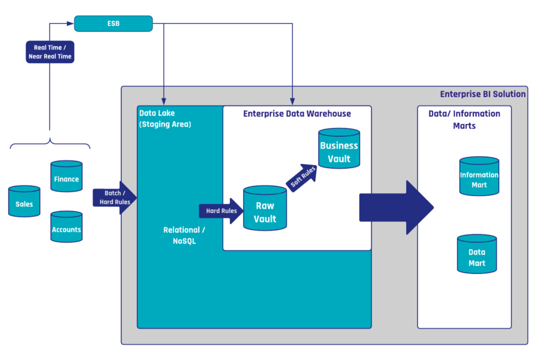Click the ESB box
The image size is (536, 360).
point(113,24)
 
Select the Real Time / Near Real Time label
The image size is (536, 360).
point(49,52)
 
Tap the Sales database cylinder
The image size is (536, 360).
point(24,203)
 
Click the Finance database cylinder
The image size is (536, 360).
point(66,176)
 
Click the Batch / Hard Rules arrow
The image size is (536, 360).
point(114,197)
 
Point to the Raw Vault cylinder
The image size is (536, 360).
point(265,209)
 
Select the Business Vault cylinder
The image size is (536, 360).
point(339,149)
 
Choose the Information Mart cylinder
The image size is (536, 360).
point(479,176)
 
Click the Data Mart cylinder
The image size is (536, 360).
point(476,255)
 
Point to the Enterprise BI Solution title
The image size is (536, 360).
point(482,94)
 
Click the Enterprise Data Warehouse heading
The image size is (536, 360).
point(297,113)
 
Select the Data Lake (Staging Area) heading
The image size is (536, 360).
point(165,119)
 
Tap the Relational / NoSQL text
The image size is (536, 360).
point(184,235)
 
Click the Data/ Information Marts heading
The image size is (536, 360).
point(464,119)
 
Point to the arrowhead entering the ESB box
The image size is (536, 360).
point(71,24)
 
